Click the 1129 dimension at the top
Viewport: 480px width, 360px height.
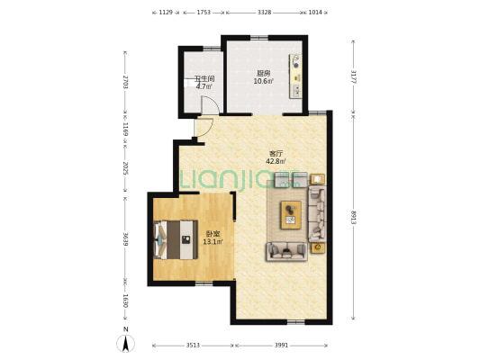(x=166, y=13)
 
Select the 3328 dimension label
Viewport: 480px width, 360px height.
(x=264, y=13)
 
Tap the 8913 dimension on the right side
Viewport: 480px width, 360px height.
(x=354, y=218)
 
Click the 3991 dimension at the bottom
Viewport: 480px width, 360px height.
(x=281, y=345)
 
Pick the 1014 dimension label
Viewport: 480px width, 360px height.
(x=315, y=13)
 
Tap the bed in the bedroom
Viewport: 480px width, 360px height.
(x=176, y=239)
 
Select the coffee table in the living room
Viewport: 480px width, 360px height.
(x=291, y=215)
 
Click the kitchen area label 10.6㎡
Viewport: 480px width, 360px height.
(x=263, y=81)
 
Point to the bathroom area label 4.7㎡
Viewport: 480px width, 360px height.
(x=204, y=86)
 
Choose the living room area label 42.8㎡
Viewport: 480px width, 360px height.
(x=276, y=161)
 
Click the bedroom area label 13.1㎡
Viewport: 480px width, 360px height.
(x=213, y=241)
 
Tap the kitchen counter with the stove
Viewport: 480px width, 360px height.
(x=295, y=76)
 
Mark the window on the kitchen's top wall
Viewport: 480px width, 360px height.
(x=259, y=38)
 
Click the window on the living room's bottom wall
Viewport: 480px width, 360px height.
(x=296, y=322)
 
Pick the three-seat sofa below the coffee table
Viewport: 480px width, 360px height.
(x=286, y=251)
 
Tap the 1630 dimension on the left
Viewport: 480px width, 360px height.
(x=125, y=301)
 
